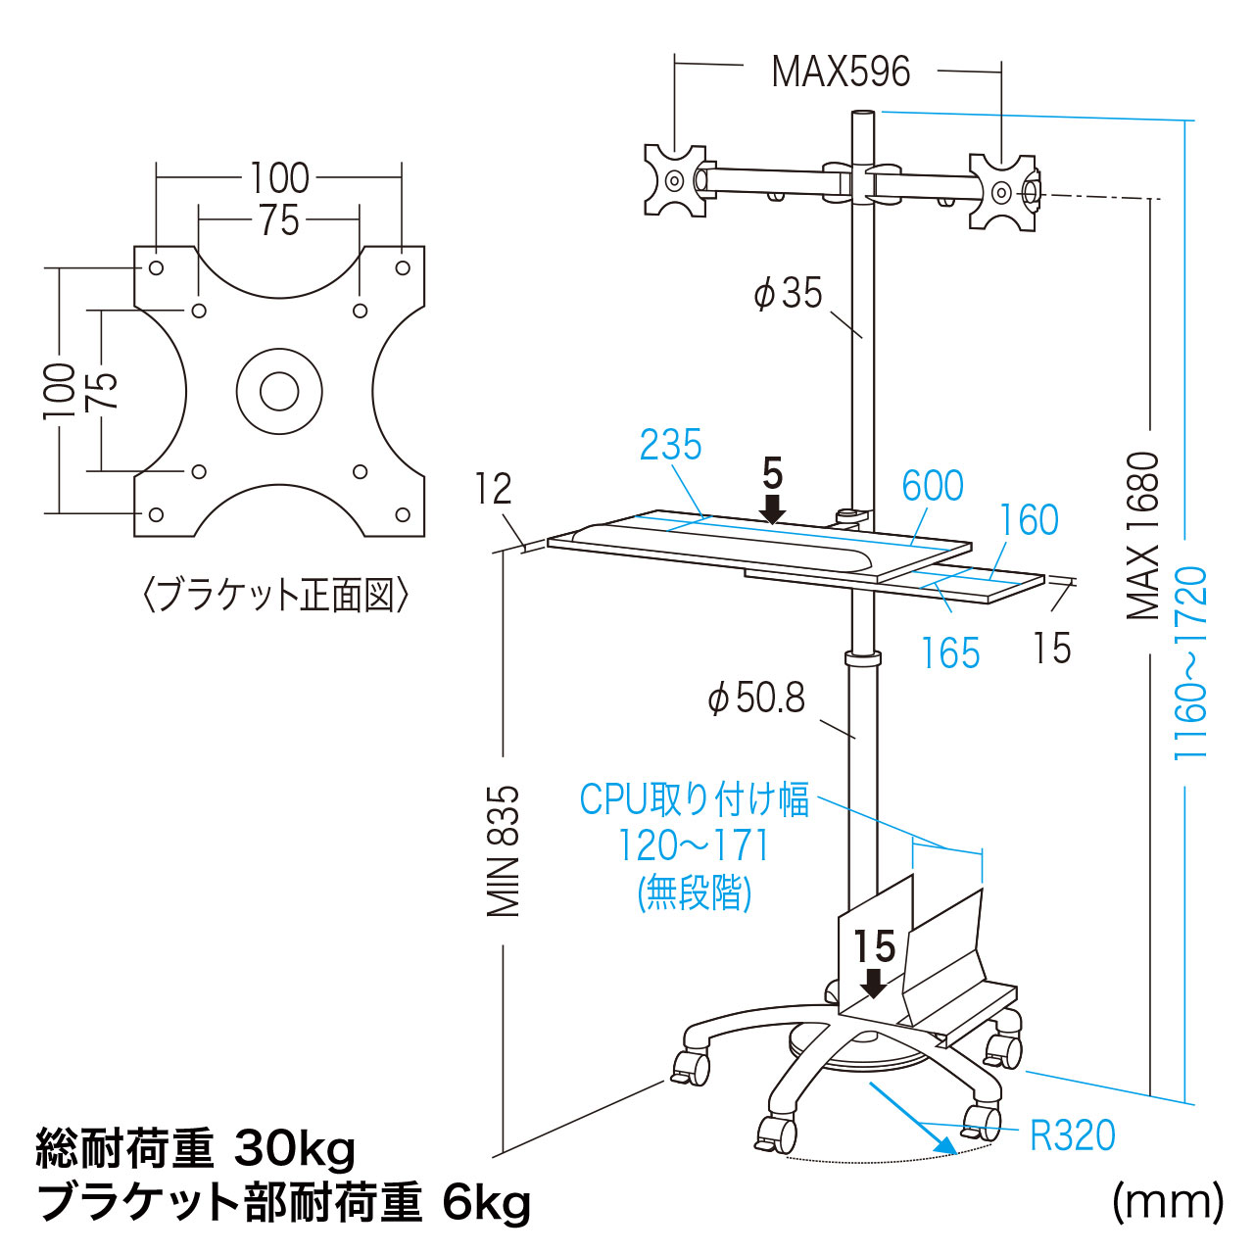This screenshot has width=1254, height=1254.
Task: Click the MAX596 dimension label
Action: coord(841,72)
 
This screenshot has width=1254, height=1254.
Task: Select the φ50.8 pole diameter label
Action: coord(756,698)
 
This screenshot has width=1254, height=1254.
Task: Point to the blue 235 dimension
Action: coord(671,446)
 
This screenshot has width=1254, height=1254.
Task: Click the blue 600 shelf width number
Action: coord(932,486)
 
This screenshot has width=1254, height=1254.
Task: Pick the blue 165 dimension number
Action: coord(950,653)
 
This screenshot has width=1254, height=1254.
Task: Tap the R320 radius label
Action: coord(1073,1135)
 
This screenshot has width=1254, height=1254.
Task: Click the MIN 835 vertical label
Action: coord(505,850)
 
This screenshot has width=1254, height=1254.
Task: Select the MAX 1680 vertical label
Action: coord(1142,536)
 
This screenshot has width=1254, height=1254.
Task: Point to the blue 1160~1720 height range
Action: coord(1191,662)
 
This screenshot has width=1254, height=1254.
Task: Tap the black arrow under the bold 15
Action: coord(872,983)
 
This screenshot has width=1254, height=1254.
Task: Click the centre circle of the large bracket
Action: coord(279,392)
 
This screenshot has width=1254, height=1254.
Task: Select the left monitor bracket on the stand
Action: coord(675,180)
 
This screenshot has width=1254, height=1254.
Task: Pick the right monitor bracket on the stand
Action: coord(1002,191)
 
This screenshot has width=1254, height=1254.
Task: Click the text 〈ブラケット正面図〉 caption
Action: coord(275,596)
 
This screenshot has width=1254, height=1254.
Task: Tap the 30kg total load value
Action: coord(295,1148)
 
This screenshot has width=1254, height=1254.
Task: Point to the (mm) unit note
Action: coord(1168,1201)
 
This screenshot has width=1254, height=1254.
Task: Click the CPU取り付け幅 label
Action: coord(695,799)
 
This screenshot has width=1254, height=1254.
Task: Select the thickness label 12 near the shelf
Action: coord(494,489)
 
